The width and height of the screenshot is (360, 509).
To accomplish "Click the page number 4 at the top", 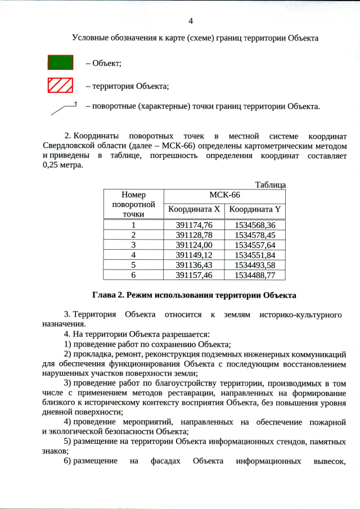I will click(190, 21).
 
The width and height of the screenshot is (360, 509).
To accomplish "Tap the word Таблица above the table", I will click(271, 184).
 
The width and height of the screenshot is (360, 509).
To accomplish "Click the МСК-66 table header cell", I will click(224, 195).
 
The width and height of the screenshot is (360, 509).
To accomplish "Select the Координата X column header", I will click(193, 210).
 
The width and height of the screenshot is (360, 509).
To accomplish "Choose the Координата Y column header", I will click(255, 210).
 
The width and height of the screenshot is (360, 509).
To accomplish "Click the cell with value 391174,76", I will click(193, 225).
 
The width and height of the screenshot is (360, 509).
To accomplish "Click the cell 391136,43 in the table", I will click(193, 265).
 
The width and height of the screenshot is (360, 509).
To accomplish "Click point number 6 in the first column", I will click(133, 275).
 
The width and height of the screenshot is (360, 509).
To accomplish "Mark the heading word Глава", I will click(104, 295).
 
